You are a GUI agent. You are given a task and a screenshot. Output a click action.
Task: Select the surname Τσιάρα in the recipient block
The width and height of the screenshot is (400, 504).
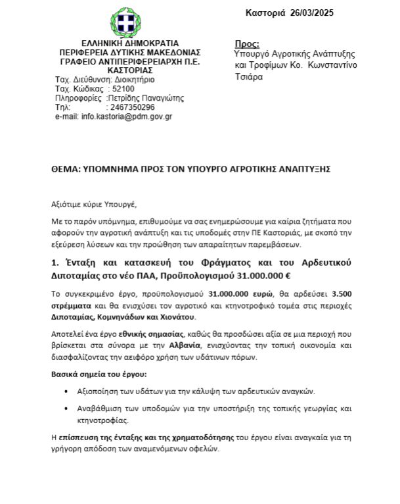pos(248,76)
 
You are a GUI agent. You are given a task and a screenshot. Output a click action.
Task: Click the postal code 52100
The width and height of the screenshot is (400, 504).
pos(123,89)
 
